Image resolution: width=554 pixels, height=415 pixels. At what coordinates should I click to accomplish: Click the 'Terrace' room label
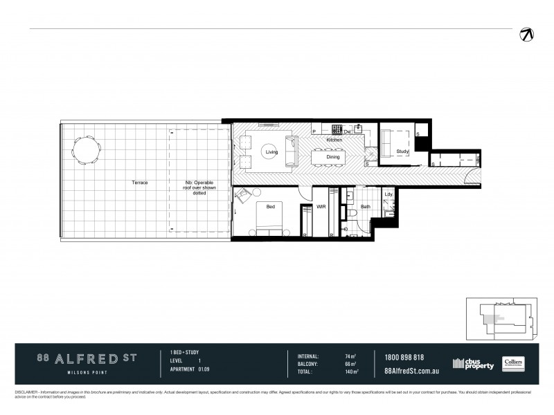(141, 183)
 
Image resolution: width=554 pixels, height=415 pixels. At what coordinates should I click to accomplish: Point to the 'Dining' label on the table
(333, 157)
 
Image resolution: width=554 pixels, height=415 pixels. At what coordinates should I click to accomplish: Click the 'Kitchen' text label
(334, 140)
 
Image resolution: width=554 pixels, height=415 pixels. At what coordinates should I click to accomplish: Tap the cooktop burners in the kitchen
(338, 129)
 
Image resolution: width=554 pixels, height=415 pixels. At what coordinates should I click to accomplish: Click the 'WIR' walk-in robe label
(321, 206)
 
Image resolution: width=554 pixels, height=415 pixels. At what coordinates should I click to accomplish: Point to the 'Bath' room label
(366, 206)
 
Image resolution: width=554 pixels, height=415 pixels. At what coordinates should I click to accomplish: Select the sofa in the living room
(292, 150)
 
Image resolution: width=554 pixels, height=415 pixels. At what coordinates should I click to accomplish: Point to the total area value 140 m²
(351, 372)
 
